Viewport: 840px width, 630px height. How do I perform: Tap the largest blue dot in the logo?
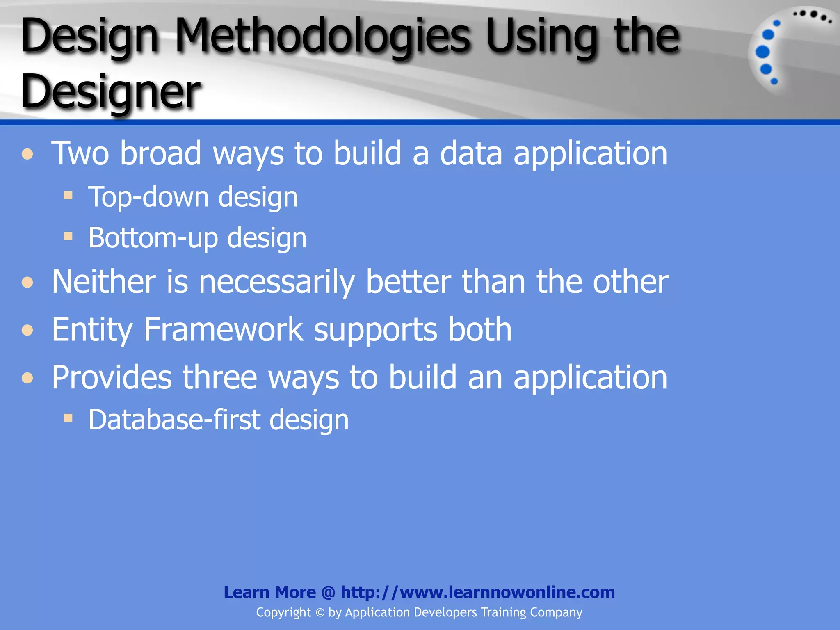[762, 52]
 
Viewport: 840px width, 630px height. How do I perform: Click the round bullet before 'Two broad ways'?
[27, 154]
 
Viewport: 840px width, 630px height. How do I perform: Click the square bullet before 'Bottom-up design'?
[68, 236]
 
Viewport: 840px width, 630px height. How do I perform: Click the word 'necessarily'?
[277, 283]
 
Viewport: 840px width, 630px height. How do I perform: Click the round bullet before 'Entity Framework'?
[27, 330]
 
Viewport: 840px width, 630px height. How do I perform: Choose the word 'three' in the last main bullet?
[219, 377]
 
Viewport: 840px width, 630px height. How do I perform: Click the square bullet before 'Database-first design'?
[68, 418]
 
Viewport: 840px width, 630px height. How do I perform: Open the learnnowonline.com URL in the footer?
[477, 592]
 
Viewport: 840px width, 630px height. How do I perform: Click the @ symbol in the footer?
[328, 592]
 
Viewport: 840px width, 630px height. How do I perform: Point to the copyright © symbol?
[320, 613]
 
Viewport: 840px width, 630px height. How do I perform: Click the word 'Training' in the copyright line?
[503, 612]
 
